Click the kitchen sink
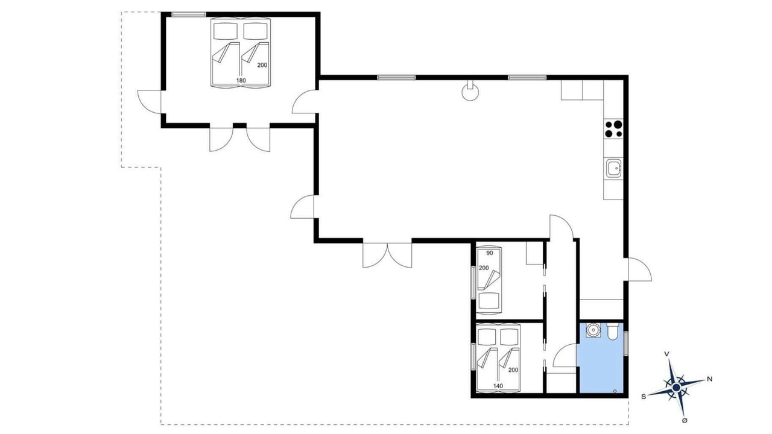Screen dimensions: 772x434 [x=614, y=168]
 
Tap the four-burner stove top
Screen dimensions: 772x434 [x=614, y=129]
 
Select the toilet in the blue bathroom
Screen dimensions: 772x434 [x=612, y=331]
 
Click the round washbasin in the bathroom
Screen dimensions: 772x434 [x=593, y=330]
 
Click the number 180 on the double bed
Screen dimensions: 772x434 [x=241, y=81]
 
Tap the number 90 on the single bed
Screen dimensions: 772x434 [x=489, y=253]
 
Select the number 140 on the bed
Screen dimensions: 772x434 [x=498, y=386]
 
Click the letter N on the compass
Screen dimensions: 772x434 [x=710, y=379]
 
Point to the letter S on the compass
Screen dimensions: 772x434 [x=644, y=397]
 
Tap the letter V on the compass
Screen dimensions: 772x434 [x=667, y=354]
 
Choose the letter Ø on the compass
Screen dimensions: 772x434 [x=685, y=421]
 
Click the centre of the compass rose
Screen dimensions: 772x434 [x=676, y=388]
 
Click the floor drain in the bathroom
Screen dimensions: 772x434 [x=615, y=391]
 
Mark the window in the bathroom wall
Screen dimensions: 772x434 [x=626, y=344]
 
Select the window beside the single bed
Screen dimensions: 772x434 [x=473, y=283]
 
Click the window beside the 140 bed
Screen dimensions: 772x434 [x=473, y=357]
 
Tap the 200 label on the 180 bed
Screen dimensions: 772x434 [x=262, y=65]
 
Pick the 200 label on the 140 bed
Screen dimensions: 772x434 [x=513, y=370]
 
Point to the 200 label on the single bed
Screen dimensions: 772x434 [x=484, y=268]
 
